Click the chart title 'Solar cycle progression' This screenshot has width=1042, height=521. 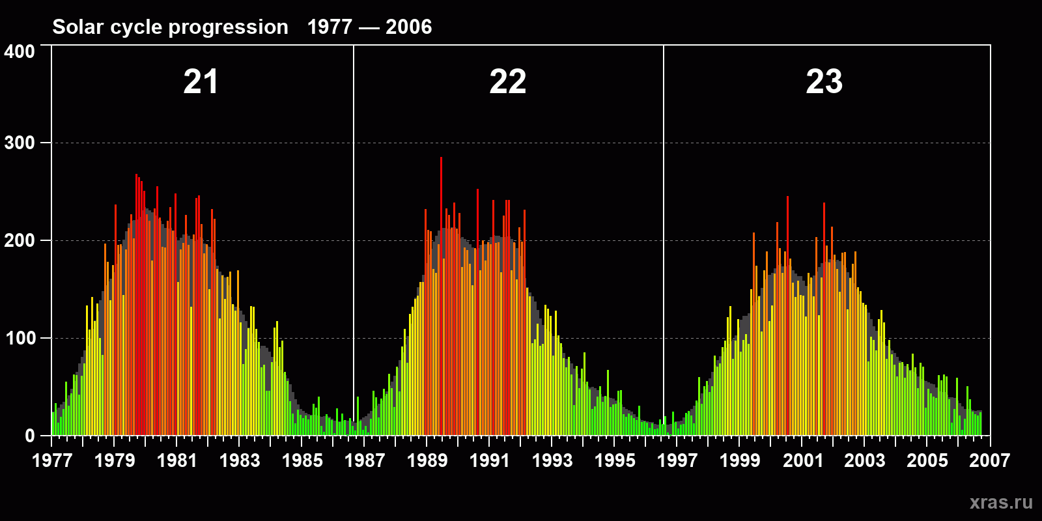pos(170,27)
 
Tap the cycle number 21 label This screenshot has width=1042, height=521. pos(201,82)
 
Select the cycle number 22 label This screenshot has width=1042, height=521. pos(508,82)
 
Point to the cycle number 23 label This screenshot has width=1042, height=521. pos(824,82)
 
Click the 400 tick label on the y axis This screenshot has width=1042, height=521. pos(20,52)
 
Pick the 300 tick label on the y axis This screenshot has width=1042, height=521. pos(20,143)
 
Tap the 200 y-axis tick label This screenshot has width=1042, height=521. pos(20,241)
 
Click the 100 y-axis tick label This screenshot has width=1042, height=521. pos(20,339)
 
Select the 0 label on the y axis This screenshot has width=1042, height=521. pos(29,436)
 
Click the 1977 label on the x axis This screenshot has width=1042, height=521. pos(52,460)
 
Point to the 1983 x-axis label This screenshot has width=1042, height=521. pos(240,460)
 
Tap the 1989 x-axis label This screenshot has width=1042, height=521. pos(427,460)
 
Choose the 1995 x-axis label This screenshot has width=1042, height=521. pos(615,460)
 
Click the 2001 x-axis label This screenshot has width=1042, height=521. pos(802,460)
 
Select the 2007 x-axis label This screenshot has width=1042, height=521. pos(989,460)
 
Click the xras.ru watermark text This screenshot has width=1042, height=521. pos(1001,502)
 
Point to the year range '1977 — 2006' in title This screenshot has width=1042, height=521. pos(369,27)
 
